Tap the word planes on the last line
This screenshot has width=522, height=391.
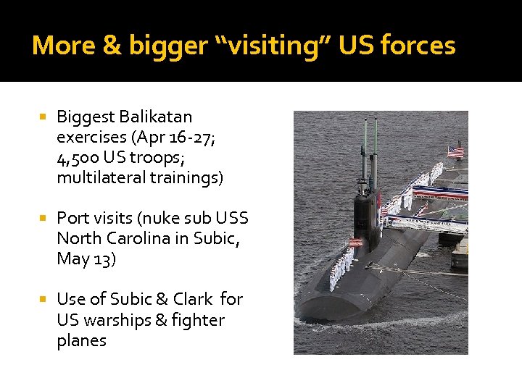(81, 340)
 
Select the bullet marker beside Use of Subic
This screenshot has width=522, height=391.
(43, 299)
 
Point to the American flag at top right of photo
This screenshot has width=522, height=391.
(455, 151)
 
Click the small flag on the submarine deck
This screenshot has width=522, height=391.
(356, 241)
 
